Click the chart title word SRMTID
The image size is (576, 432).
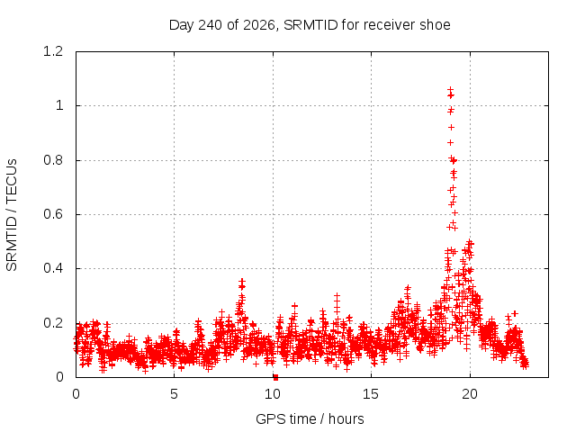click(310, 25)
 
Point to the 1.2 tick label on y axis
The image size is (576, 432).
click(53, 51)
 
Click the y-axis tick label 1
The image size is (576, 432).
click(59, 106)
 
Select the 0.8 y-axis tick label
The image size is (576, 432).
click(53, 160)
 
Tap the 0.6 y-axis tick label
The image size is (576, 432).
click(53, 214)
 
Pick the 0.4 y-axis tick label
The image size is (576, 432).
click(53, 268)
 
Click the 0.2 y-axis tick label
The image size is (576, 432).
click(53, 323)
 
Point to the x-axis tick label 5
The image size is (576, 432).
click(174, 394)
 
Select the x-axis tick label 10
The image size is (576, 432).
click(273, 394)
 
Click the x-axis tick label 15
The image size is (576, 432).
click(371, 394)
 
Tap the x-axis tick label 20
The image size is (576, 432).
click(470, 394)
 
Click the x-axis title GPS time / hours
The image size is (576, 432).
click(310, 418)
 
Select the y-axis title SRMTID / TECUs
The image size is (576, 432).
click(12, 215)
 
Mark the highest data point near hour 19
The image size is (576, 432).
click(450, 90)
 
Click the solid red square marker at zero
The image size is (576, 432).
click(276, 378)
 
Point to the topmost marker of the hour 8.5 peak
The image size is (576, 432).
click(242, 282)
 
